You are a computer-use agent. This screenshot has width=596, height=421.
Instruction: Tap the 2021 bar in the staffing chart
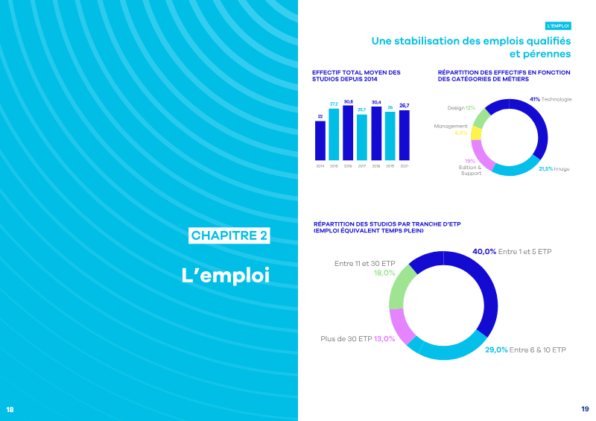[x=404, y=135]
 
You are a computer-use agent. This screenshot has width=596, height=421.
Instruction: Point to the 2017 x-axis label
[x=362, y=165]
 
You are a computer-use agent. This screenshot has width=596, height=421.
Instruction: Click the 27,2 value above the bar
[x=334, y=104]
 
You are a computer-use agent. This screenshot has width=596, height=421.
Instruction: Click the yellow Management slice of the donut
[x=476, y=133]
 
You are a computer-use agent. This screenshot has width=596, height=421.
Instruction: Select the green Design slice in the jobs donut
[x=481, y=118]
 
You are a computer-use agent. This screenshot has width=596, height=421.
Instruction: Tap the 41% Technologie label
[x=551, y=99]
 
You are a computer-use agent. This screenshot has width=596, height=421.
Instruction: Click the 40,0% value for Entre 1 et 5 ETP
[x=484, y=252]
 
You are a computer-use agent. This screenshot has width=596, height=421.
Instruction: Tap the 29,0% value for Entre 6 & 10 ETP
[x=496, y=349]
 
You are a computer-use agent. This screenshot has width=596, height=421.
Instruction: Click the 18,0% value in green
[x=384, y=273]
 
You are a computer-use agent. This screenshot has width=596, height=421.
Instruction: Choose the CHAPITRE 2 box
[x=229, y=235]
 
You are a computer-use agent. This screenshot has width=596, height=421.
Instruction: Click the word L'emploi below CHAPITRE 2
[x=225, y=274]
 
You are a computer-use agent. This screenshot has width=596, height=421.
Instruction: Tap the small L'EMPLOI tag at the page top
[x=558, y=25]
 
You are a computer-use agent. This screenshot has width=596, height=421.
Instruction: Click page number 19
[x=585, y=409]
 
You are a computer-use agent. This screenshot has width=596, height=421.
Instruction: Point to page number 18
[x=10, y=409]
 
